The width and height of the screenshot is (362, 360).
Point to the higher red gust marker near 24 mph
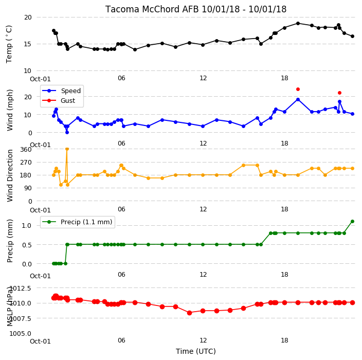[x=298, y=89]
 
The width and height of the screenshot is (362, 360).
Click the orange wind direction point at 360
[x=67, y=149]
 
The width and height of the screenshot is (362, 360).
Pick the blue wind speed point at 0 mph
[x=67, y=132]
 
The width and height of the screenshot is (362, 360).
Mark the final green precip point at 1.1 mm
[x=352, y=222]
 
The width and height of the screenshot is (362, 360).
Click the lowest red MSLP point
[x=189, y=313]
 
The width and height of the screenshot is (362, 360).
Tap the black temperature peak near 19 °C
[x=298, y=23]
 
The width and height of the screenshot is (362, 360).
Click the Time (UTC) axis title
[x=196, y=351]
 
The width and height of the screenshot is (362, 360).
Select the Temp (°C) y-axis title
[x=9, y=44]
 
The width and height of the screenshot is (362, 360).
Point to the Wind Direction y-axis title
[x=10, y=175]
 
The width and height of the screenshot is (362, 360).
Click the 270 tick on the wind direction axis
[x=26, y=163]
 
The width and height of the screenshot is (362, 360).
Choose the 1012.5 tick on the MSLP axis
[x=21, y=288]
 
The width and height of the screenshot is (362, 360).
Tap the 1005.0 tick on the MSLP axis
[x=21, y=333]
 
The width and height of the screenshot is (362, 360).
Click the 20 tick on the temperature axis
[x=28, y=17]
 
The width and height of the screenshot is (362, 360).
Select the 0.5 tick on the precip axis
[x=27, y=245]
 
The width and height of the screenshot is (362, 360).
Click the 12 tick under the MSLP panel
[x=203, y=340]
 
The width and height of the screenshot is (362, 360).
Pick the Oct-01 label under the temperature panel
[x=40, y=79]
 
